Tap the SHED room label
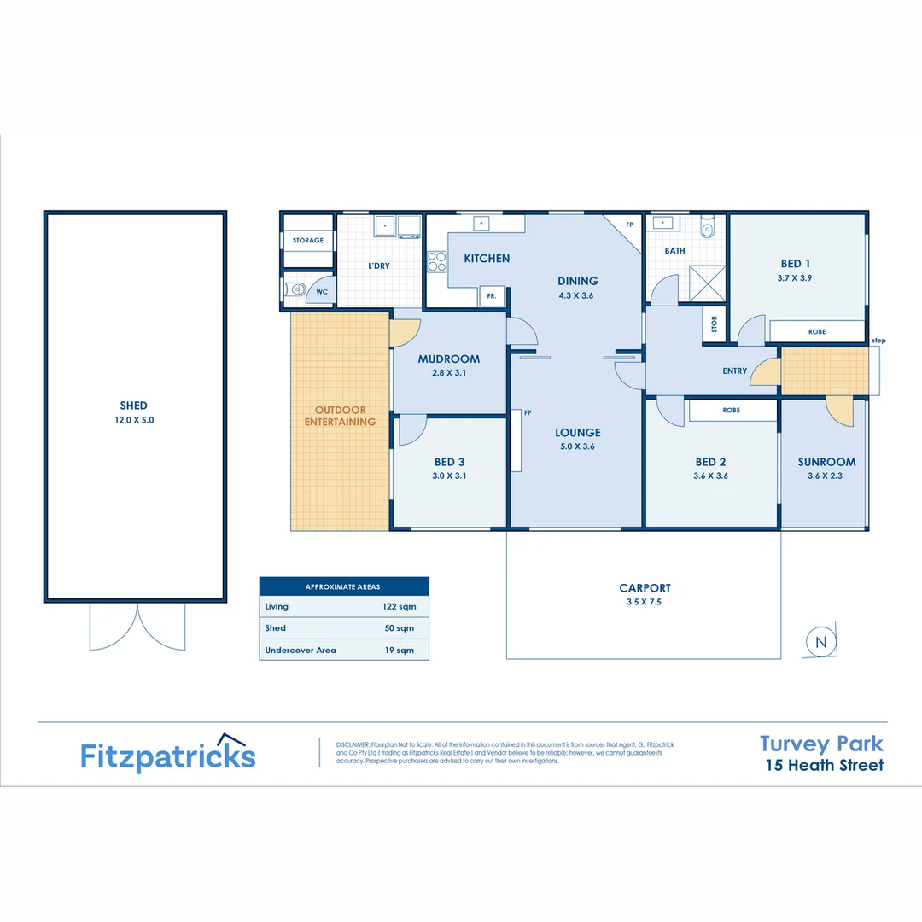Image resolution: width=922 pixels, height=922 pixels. (x=134, y=406)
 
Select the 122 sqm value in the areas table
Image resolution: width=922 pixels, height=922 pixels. (x=398, y=606)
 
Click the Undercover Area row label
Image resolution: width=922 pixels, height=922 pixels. (x=301, y=650)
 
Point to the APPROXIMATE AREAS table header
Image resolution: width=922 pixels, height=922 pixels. (x=343, y=586)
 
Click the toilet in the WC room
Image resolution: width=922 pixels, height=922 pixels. (x=294, y=290)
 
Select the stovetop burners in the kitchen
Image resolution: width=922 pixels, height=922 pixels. (x=435, y=260)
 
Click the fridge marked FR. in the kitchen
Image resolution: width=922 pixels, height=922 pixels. (x=492, y=296)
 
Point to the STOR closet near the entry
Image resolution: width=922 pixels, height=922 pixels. (x=714, y=324)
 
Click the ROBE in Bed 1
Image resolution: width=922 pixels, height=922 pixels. (x=817, y=331)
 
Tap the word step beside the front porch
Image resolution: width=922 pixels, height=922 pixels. (x=878, y=341)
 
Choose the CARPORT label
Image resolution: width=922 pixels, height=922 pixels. (x=645, y=587)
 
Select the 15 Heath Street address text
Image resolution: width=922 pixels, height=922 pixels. (x=824, y=765)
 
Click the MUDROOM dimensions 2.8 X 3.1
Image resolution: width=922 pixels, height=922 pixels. (x=449, y=373)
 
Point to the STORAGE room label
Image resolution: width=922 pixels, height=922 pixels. (x=308, y=241)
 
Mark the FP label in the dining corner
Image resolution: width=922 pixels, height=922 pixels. (x=629, y=225)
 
